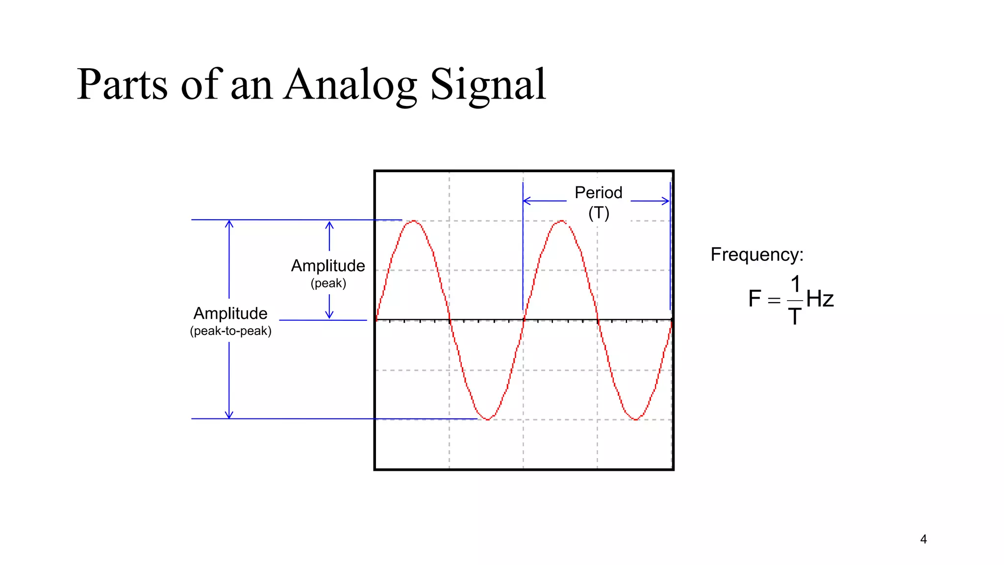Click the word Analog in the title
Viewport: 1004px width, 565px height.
[350, 86]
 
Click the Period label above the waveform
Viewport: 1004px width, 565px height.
[598, 192]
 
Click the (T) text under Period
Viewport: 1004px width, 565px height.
[599, 213]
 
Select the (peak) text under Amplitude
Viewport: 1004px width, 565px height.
[328, 283]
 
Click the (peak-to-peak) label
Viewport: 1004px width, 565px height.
[230, 331]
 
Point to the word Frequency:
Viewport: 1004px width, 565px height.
[757, 255]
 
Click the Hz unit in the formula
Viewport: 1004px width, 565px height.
[820, 299]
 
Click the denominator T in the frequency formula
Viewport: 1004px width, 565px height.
[795, 316]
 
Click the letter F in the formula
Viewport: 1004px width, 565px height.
[754, 299]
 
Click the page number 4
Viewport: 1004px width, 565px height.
[924, 539]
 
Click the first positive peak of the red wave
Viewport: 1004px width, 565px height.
[414, 221]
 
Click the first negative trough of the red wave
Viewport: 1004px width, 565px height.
[488, 419]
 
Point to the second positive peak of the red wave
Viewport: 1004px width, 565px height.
[561, 221]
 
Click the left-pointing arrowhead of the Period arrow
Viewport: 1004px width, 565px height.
[526, 201]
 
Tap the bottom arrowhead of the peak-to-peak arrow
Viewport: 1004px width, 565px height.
[229, 415]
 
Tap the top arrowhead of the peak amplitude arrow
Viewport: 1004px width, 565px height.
[329, 224]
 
